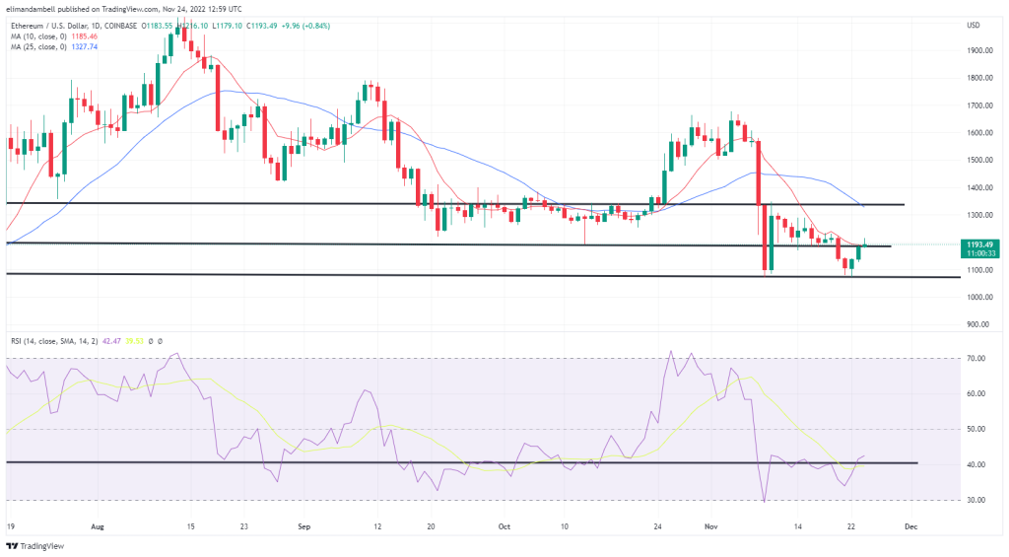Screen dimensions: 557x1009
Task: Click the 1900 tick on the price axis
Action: (x=978, y=50)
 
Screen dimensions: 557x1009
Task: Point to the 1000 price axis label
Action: (x=978, y=297)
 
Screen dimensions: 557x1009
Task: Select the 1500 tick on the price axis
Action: (x=978, y=160)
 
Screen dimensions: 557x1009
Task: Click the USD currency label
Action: (x=975, y=25)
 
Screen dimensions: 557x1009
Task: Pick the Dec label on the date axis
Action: (x=910, y=526)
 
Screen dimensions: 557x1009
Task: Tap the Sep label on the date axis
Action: (x=305, y=526)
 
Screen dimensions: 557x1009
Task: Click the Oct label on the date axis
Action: (x=504, y=526)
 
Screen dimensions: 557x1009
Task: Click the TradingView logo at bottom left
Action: (x=34, y=545)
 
